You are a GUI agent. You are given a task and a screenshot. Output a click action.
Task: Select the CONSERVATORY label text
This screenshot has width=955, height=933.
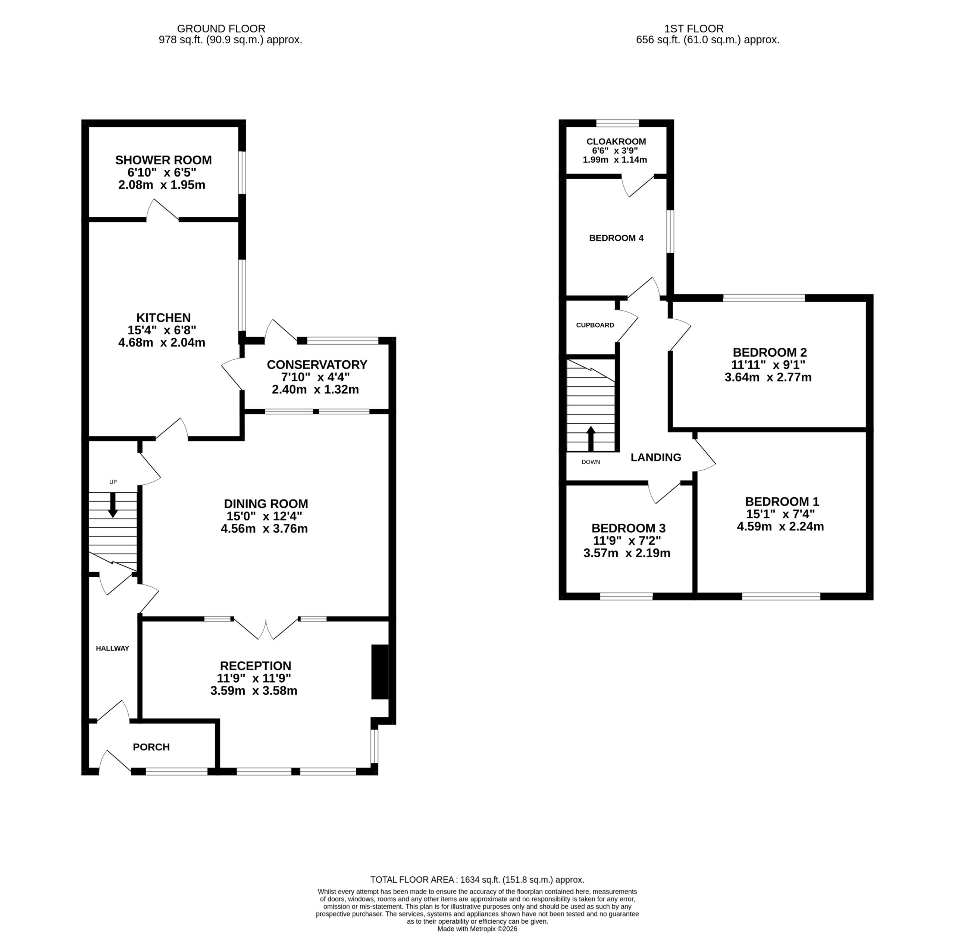317,364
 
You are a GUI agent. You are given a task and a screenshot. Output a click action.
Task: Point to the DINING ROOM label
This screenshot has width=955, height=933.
266,504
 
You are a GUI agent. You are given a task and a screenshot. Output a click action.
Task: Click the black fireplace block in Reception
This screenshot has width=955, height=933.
380,672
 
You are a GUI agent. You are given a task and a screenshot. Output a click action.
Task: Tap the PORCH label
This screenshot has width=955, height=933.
151,747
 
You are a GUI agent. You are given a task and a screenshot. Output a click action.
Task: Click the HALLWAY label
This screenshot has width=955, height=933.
113,648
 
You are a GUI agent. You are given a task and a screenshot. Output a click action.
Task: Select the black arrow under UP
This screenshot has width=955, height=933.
113,505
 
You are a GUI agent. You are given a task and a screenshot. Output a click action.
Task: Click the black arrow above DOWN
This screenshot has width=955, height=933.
591,439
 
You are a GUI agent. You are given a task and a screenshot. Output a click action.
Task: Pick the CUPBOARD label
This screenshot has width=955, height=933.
595,325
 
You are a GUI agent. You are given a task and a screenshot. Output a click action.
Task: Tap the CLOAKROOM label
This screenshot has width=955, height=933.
616,142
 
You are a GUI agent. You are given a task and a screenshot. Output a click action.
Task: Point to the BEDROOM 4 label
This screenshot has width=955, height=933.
616,238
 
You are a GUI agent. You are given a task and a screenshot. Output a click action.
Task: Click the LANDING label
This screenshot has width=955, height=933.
655,457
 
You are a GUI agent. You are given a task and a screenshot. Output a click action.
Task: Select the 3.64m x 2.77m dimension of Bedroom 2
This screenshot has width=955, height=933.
768,377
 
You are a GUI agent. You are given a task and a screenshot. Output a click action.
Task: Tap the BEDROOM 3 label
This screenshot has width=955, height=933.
628,528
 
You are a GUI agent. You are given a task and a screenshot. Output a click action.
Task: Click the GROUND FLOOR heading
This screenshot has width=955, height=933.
221,29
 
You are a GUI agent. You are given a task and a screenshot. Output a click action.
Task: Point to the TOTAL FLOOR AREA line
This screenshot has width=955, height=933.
477,880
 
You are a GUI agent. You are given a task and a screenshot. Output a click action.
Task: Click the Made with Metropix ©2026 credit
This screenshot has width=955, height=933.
477,929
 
